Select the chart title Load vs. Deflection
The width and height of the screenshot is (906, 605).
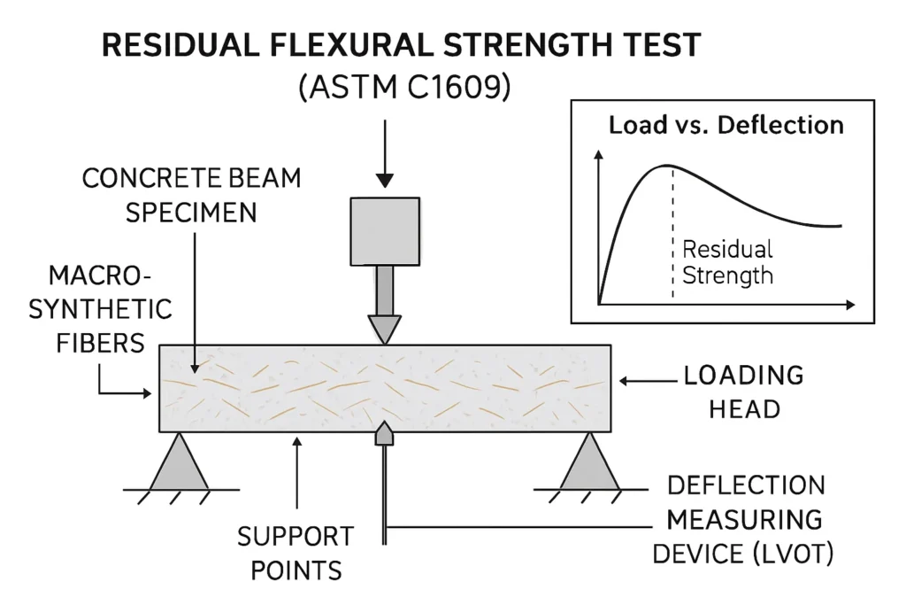point(726,125)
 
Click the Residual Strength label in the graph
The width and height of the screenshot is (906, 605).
point(727,262)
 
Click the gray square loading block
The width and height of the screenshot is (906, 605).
point(384,231)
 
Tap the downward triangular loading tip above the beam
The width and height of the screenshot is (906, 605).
point(384,330)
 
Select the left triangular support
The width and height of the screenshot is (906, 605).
point(180,463)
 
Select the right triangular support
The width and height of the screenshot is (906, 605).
point(589,463)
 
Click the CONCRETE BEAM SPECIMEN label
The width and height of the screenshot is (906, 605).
point(191,195)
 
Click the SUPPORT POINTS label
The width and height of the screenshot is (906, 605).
point(296,553)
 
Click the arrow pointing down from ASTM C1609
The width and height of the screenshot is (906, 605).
point(384,155)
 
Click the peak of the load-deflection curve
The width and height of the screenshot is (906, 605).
point(665,166)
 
